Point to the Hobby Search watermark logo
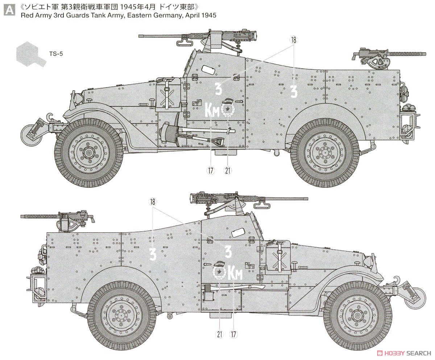coord(402,353)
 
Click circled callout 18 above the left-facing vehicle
coord(293,40)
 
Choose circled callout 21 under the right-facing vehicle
coord(219,334)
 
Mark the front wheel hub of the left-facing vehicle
coord(88,152)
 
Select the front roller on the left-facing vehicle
coord(31,134)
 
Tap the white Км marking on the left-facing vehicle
coord(212,109)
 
